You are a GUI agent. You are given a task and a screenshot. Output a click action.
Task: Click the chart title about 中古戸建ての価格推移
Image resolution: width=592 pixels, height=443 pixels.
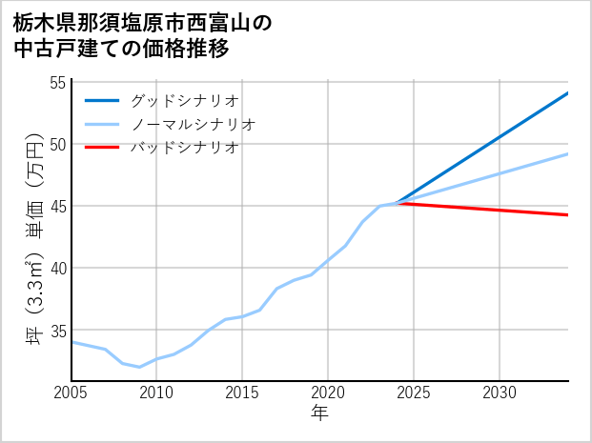point(143,35)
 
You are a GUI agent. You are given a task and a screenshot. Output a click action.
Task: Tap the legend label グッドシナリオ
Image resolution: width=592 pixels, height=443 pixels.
point(185,100)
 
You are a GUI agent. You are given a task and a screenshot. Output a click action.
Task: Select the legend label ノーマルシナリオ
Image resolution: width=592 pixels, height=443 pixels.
point(194,124)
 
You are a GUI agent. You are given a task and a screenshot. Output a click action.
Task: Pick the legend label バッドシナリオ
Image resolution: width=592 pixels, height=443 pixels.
point(185,148)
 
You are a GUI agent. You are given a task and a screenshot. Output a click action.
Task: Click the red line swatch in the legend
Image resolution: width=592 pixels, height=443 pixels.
point(102,148)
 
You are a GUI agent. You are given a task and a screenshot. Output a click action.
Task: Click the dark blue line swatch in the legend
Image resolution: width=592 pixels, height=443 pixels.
point(102,100)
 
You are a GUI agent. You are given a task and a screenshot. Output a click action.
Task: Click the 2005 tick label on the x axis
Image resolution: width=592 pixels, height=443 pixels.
point(71,393)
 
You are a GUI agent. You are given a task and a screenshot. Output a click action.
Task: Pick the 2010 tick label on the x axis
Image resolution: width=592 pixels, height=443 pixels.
point(157,393)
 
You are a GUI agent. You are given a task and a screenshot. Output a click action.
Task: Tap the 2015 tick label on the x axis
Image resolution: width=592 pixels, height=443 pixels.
point(242,393)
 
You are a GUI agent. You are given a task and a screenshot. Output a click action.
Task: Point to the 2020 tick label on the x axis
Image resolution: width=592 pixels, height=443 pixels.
point(328,393)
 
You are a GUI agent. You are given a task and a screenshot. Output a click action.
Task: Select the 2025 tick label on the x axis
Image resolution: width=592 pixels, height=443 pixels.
point(414,393)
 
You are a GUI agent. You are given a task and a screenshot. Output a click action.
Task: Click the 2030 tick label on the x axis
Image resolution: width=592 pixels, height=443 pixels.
point(500,393)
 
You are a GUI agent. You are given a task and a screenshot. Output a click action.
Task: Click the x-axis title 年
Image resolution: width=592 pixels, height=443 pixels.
point(319,413)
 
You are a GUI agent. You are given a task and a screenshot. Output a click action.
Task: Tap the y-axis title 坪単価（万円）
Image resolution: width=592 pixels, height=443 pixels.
point(34,243)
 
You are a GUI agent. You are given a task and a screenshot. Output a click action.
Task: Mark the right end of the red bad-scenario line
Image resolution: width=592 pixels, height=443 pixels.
point(567,215)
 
